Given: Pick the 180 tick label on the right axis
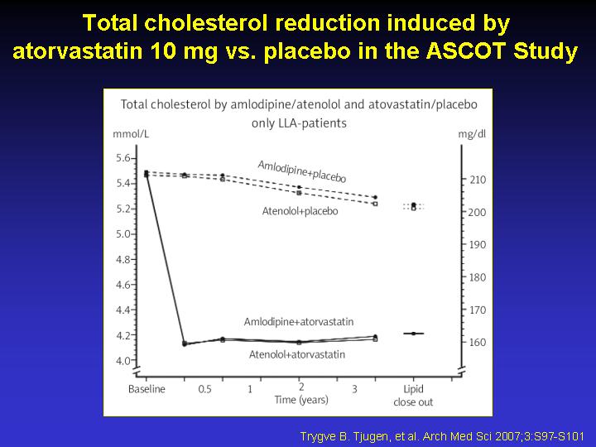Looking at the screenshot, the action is pyautogui.click(x=478, y=277).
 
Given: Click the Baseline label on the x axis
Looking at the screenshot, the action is pyautogui.click(x=147, y=389).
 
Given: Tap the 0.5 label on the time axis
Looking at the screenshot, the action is pyautogui.click(x=204, y=389).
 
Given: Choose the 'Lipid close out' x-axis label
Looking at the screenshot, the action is pyautogui.click(x=413, y=396).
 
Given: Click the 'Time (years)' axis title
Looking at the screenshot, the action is pyautogui.click(x=301, y=400).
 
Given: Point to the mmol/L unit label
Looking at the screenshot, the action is pyautogui.click(x=131, y=134).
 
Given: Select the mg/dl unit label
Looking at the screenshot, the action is pyautogui.click(x=472, y=134).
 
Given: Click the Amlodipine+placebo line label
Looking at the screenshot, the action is pyautogui.click(x=302, y=171).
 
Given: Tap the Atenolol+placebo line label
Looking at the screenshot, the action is pyautogui.click(x=300, y=211).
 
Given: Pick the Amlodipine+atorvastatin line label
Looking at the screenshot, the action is pyautogui.click(x=299, y=322).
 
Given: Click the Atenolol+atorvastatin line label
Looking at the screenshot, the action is pyautogui.click(x=297, y=354).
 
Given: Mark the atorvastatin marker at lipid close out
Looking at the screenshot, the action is pyautogui.click(x=414, y=334).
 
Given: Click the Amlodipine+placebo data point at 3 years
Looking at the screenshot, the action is pyautogui.click(x=375, y=197).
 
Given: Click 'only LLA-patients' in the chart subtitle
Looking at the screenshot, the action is pyautogui.click(x=299, y=123).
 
